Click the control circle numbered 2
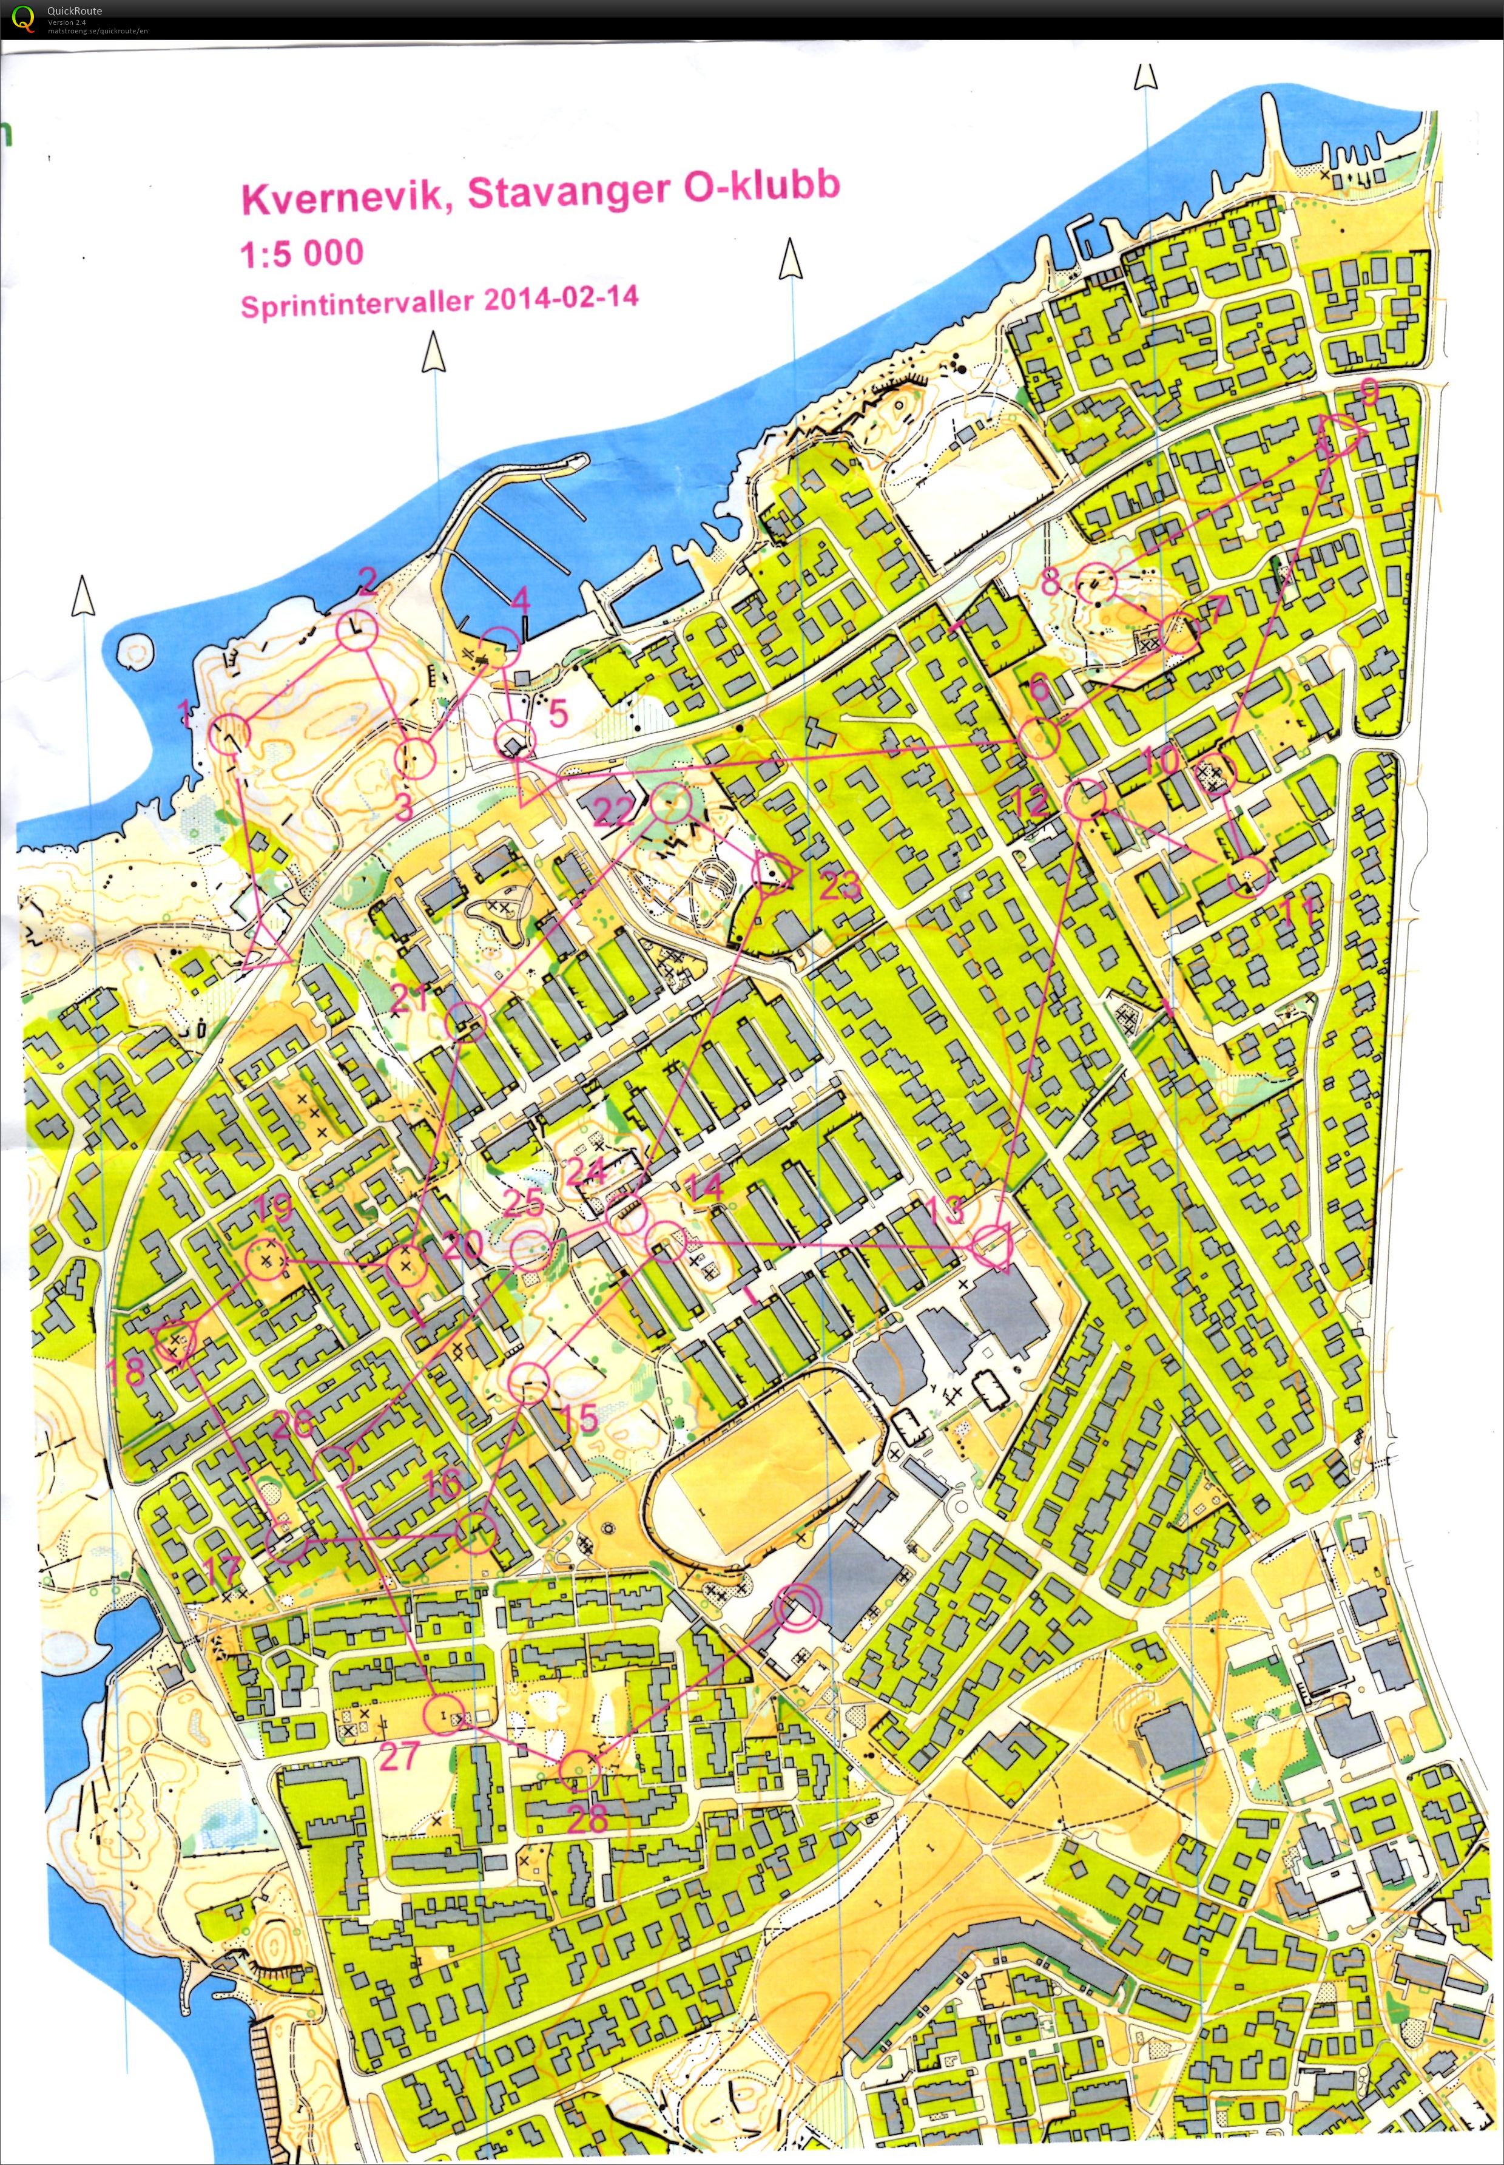[356, 629]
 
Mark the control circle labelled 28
[579, 1771]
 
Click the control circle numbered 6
[1040, 739]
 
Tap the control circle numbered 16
[476, 1534]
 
